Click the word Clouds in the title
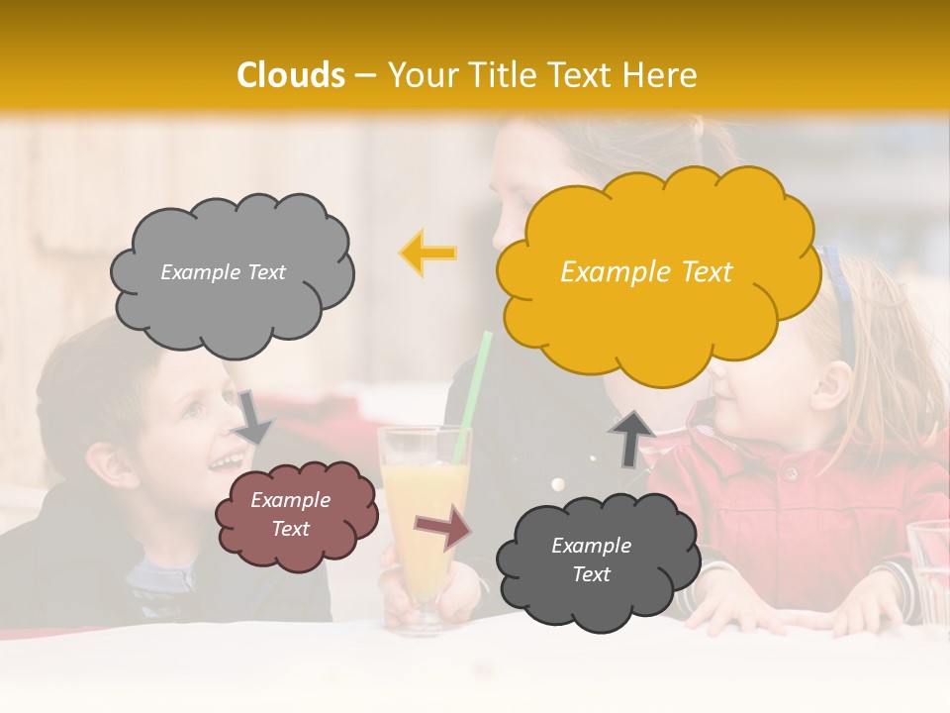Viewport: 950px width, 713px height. point(291,75)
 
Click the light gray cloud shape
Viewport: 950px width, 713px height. point(231,272)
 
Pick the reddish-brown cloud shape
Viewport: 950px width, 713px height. point(296,515)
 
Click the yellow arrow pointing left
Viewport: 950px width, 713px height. point(428,254)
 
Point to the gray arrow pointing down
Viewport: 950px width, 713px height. point(254,416)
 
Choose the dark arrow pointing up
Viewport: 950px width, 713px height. point(631,437)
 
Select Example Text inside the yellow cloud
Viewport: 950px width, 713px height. point(646,272)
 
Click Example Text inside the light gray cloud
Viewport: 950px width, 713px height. point(223,272)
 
